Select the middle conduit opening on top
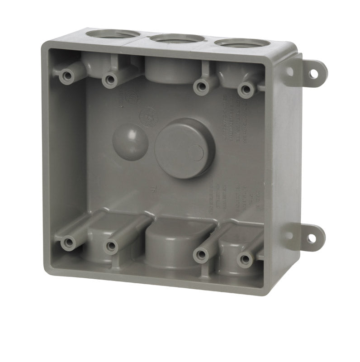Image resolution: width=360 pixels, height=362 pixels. pyautogui.click(x=177, y=38)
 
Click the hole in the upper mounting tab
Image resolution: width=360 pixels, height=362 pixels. pyautogui.click(x=314, y=73)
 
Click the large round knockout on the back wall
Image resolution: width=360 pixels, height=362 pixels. pyautogui.click(x=185, y=148)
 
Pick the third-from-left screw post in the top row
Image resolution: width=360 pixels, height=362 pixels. pyautogui.click(x=201, y=87)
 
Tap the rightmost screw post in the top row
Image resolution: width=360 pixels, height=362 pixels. pyautogui.click(x=246, y=90)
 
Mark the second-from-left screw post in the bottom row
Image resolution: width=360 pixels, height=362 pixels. pyautogui.click(x=111, y=246)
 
